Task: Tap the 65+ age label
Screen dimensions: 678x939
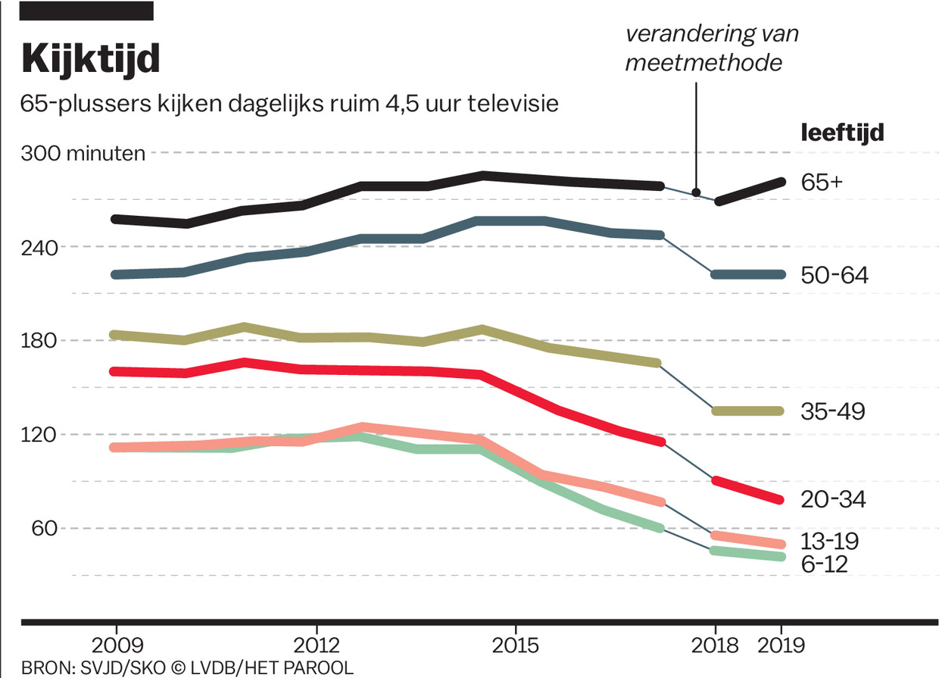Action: point(822,183)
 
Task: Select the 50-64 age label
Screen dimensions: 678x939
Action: point(834,275)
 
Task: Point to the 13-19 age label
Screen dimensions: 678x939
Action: point(831,541)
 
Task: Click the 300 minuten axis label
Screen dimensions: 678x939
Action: point(83,153)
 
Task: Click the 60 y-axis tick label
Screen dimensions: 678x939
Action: point(45,528)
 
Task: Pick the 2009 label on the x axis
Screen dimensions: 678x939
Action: point(116,646)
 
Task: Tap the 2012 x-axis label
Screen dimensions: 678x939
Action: point(316,646)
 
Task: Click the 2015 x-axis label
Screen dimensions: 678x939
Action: point(516,646)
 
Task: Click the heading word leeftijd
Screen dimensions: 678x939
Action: point(843,133)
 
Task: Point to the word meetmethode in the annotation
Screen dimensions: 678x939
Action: point(703,62)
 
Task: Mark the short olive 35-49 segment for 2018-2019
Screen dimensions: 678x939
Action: point(748,411)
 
